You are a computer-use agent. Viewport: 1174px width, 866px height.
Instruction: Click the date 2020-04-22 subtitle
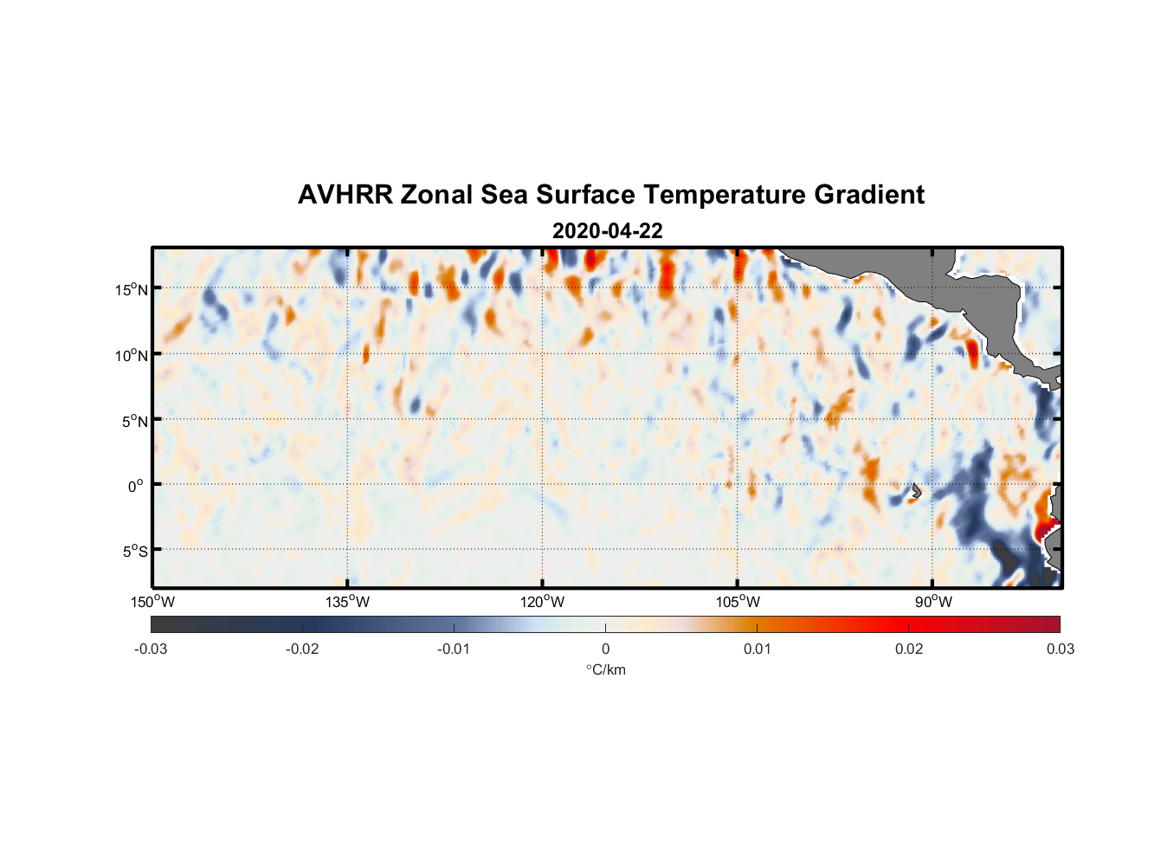click(607, 231)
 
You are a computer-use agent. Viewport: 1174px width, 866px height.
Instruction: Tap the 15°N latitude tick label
click(131, 289)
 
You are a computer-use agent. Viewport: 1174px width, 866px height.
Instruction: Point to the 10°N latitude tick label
click(131, 355)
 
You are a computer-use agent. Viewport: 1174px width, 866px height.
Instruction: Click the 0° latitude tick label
click(135, 486)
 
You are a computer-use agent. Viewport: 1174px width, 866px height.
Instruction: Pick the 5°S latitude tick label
click(134, 552)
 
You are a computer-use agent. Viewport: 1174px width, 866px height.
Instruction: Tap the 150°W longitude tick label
click(152, 602)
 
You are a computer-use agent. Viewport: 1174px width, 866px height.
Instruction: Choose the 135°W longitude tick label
click(347, 602)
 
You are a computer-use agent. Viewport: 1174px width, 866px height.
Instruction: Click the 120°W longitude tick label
click(542, 602)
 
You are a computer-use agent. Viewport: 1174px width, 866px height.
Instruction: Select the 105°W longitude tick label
click(737, 602)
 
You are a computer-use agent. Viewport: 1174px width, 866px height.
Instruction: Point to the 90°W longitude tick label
click(932, 602)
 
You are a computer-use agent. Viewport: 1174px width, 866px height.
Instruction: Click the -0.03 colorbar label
click(151, 649)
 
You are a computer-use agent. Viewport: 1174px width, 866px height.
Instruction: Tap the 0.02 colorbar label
click(908, 649)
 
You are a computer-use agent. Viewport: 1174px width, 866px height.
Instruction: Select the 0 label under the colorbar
click(605, 649)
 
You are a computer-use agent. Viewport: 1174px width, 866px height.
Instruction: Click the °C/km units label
click(605, 669)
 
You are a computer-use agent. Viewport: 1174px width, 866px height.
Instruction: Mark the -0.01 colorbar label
click(453, 649)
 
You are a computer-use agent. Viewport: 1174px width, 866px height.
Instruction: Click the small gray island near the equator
click(916, 490)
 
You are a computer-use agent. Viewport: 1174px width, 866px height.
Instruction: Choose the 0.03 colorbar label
click(1060, 649)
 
